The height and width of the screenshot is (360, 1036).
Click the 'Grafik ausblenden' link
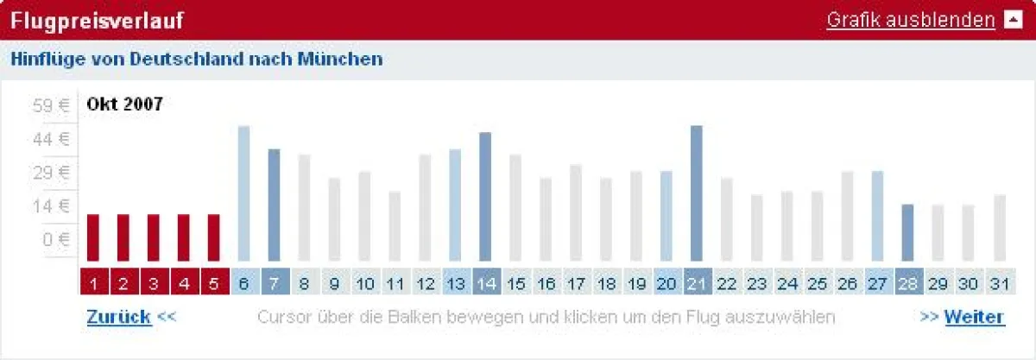(911, 20)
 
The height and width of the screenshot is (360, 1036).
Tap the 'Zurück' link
(119, 317)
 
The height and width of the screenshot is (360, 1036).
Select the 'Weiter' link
(974, 317)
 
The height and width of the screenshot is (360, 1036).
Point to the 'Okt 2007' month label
(124, 104)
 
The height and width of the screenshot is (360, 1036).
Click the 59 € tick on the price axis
(51, 106)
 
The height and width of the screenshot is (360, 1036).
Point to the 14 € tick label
(51, 205)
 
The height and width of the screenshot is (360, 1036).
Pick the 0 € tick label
(54, 238)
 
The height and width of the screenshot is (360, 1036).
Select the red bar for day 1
(93, 237)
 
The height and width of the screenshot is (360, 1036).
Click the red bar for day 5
(214, 237)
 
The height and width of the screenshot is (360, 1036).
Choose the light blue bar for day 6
(244, 193)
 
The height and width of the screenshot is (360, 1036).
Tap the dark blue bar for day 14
(485, 197)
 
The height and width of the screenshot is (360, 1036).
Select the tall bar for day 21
(697, 193)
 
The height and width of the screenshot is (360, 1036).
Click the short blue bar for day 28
(907, 232)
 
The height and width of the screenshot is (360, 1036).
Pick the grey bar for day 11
(395, 226)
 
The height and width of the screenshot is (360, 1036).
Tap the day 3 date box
(154, 282)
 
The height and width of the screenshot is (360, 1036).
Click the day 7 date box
(275, 282)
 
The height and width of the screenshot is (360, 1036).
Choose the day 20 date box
(666, 282)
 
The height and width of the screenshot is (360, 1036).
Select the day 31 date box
(999, 282)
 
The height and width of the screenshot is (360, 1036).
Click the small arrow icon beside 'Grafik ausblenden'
(1013, 20)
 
